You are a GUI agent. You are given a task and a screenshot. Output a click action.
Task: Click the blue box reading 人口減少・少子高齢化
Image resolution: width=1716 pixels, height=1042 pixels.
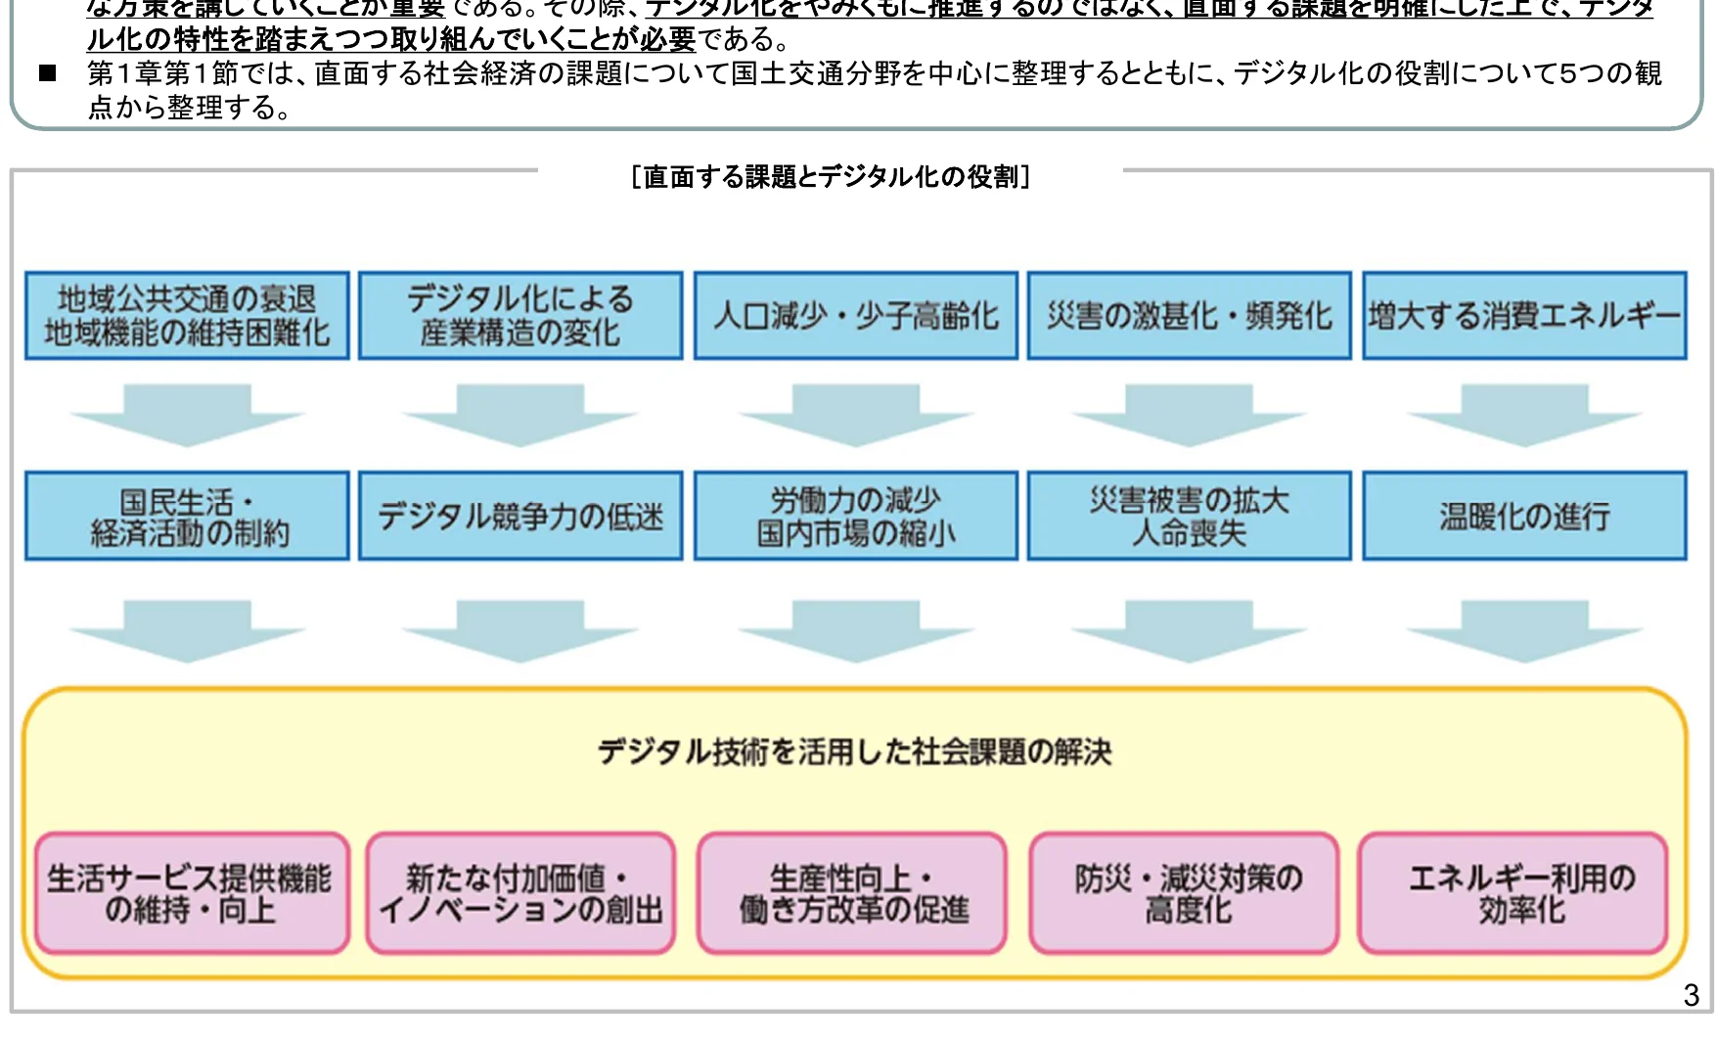pos(855,316)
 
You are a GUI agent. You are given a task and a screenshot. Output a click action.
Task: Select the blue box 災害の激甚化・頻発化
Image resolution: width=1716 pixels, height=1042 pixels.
pos(1189,316)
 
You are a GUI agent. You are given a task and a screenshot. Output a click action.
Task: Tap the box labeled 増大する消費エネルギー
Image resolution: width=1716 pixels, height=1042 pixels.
pos(1524,316)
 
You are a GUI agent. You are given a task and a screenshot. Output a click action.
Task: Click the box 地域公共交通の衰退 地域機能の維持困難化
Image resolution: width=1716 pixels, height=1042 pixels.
pos(187,316)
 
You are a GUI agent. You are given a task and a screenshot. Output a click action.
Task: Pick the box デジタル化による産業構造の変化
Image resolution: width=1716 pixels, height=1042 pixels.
pos(520,316)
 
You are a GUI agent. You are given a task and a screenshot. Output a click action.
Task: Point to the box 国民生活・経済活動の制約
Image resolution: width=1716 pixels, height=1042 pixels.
pos(187,517)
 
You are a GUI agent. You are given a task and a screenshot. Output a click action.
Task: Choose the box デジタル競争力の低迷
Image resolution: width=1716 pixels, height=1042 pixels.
pos(520,517)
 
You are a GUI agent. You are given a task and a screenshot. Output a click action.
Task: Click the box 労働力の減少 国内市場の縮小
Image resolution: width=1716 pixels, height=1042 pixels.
pos(855,517)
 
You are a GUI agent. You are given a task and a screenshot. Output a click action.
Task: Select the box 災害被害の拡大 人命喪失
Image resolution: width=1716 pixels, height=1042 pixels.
pos(1189,517)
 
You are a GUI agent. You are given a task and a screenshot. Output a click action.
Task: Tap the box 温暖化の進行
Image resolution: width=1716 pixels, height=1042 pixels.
pos(1524,517)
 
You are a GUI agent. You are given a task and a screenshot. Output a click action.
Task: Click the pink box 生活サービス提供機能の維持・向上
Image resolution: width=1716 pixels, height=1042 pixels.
pos(192,893)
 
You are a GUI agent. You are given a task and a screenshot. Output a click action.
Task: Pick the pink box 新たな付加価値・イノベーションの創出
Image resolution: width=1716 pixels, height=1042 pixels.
pos(520,893)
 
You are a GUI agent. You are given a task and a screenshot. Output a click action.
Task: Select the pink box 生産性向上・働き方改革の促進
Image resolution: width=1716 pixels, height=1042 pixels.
pos(852,893)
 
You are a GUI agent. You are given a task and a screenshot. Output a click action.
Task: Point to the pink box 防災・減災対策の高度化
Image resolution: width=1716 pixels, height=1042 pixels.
pos(1184,893)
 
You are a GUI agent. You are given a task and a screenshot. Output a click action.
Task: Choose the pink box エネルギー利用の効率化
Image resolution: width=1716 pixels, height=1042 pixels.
pos(1513,893)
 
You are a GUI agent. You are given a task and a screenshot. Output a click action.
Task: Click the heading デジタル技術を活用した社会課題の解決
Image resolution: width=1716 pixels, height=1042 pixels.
pos(854,751)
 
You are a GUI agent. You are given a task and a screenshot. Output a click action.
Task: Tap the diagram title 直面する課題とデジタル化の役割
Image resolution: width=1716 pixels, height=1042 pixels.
pos(831,177)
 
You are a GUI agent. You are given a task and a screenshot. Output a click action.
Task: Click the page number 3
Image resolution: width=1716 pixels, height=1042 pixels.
pos(1691,995)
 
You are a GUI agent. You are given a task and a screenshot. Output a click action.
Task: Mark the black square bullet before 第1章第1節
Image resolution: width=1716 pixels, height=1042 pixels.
pos(48,73)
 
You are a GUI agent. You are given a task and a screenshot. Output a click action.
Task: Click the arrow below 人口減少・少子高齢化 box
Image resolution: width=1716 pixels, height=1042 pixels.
pos(855,415)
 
